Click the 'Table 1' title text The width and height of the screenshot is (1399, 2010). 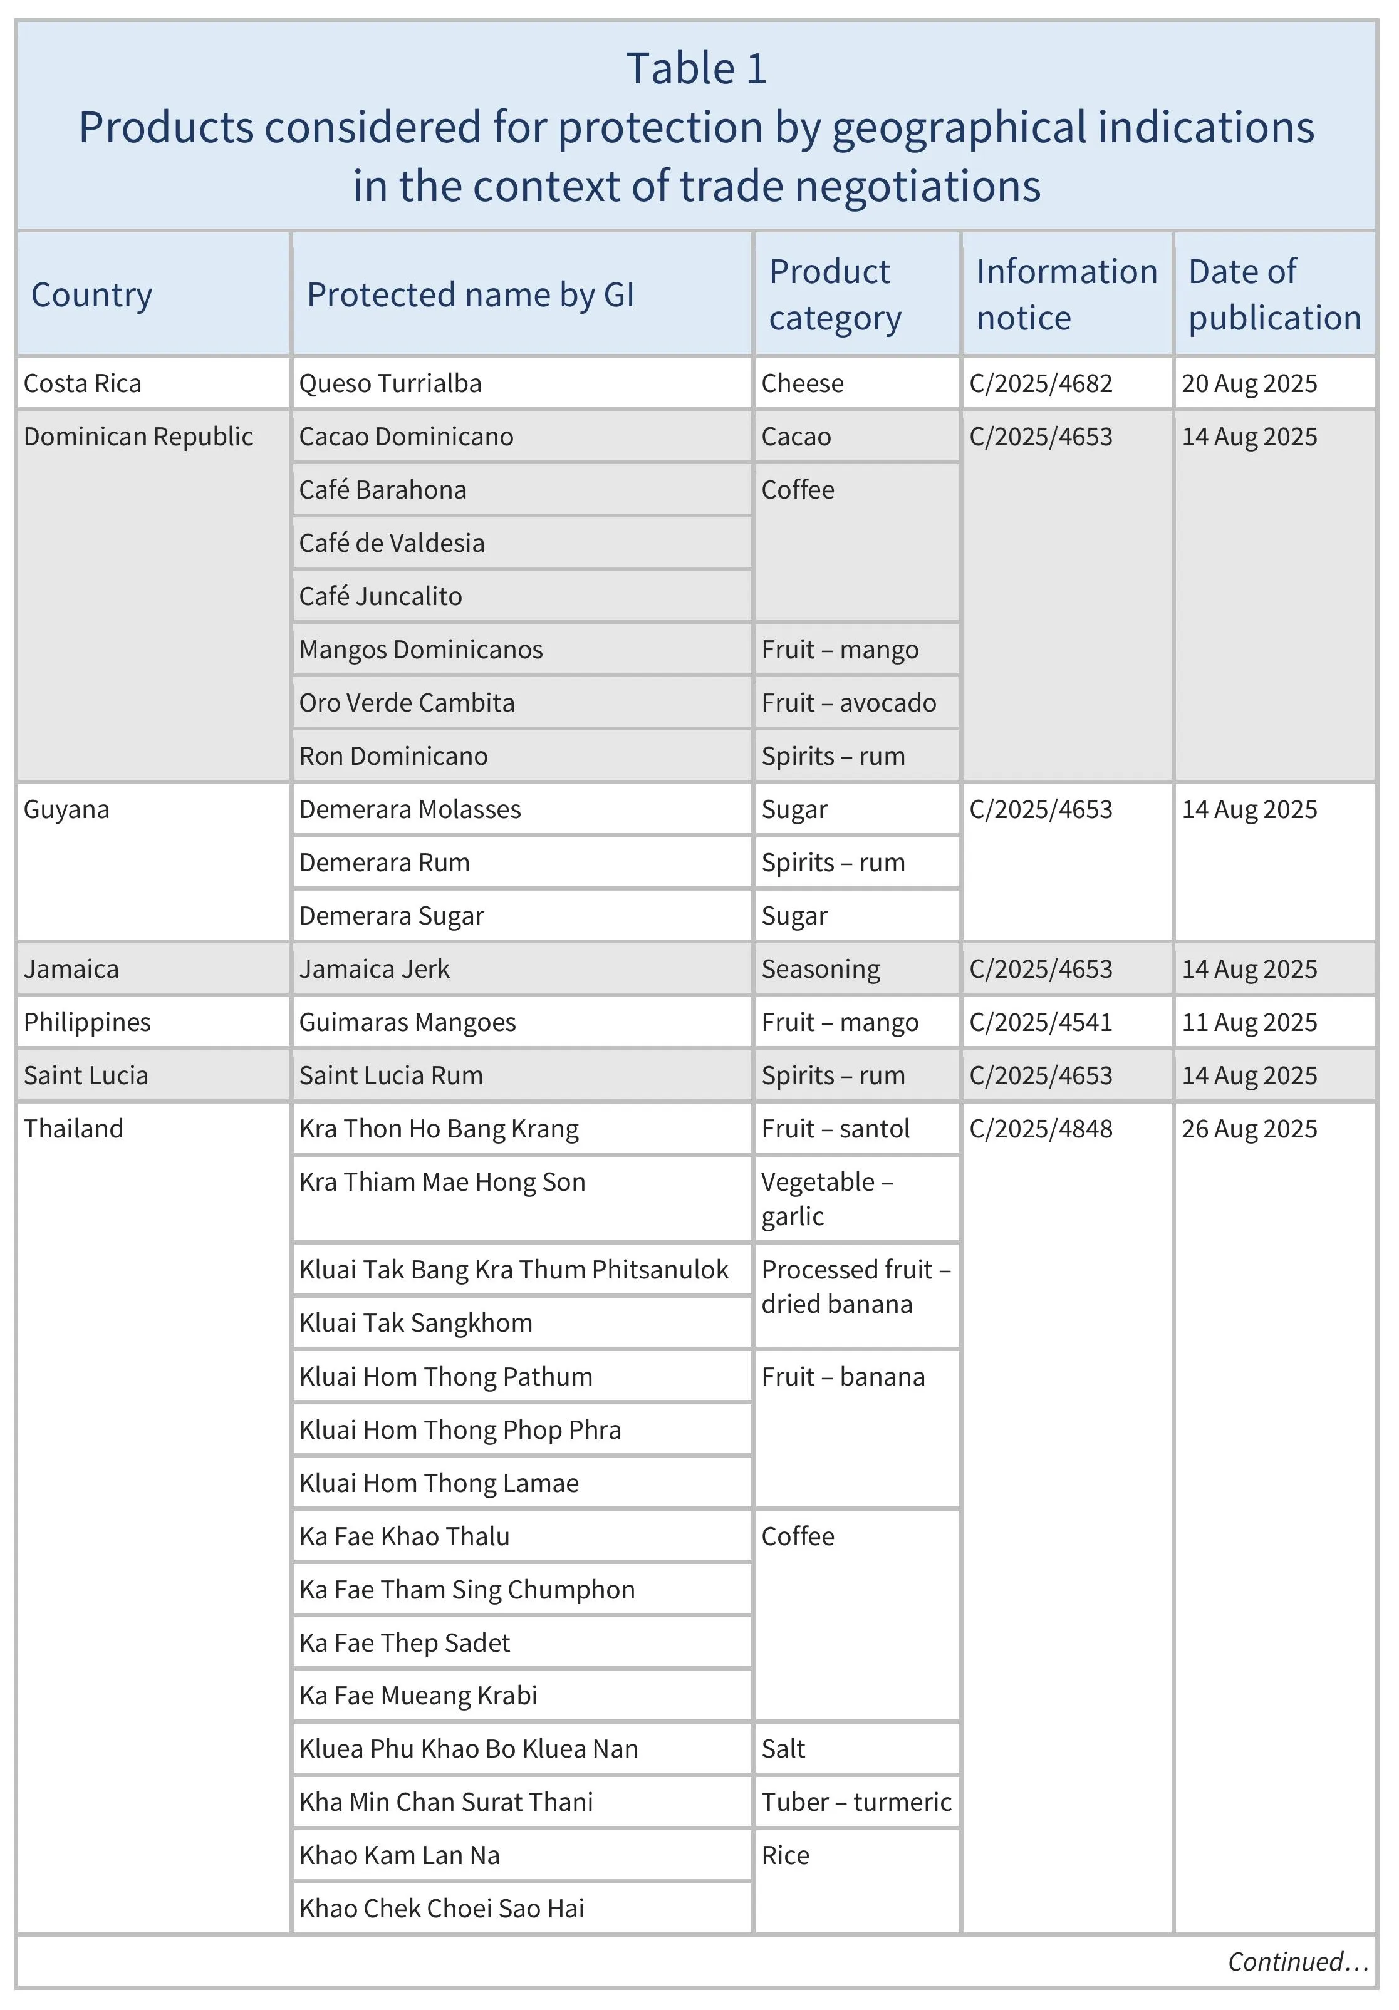click(696, 68)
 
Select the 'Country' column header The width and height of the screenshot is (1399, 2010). click(92, 295)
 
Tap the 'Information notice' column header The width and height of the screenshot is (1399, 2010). click(1066, 294)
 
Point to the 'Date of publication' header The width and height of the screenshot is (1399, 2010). click(1274, 294)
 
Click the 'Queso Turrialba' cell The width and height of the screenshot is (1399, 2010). click(390, 383)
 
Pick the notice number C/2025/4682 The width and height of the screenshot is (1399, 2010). click(1040, 383)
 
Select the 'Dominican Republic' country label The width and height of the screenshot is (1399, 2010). click(138, 437)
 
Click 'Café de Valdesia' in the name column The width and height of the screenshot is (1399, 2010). click(392, 543)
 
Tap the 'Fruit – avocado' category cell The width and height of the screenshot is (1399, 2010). click(848, 702)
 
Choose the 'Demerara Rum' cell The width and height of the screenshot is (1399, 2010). click(384, 863)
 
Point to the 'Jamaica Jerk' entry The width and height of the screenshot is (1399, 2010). click(374, 969)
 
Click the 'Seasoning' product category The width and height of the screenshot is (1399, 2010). click(820, 969)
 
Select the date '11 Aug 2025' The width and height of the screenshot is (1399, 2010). click(1249, 1022)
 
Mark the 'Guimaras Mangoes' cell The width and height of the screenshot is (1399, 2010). click(407, 1022)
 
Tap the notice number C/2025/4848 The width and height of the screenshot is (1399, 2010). click(1040, 1129)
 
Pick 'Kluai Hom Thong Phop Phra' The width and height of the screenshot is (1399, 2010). click(460, 1429)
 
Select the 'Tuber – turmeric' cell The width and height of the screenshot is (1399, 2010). click(855, 1801)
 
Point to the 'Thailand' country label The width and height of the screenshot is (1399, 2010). click(73, 1129)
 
